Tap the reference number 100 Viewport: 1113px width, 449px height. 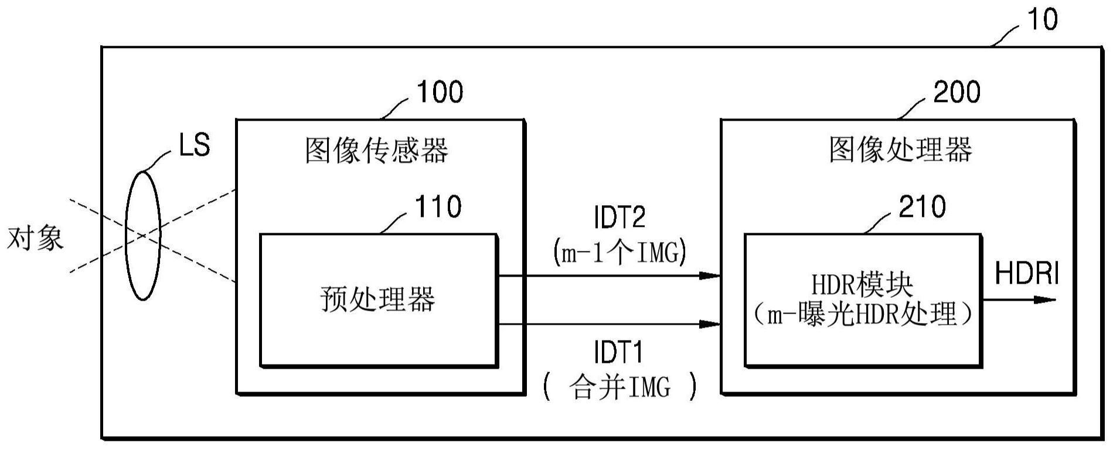coord(439,92)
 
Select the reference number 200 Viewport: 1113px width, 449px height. coord(956,92)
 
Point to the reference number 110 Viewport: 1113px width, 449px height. coord(438,207)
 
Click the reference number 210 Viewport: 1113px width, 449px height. coord(922,207)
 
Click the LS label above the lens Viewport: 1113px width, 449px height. coord(194,145)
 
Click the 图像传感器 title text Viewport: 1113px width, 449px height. coord(376,150)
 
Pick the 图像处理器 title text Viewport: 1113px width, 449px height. coord(900,150)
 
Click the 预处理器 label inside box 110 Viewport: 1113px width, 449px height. coord(377,299)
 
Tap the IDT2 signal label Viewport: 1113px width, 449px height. coord(620,217)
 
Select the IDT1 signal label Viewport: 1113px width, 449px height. coord(619,352)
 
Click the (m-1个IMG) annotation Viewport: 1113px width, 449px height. coord(620,253)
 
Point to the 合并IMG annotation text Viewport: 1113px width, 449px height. coord(620,387)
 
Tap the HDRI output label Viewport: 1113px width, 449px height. coord(1027,274)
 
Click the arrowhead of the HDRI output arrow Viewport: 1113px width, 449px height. coord(1046,300)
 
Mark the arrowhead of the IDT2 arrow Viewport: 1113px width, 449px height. coord(710,275)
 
